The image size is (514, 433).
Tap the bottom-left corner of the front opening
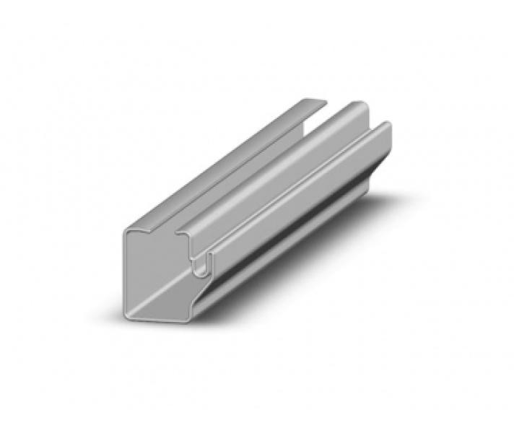129,312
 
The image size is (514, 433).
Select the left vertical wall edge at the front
126,274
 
